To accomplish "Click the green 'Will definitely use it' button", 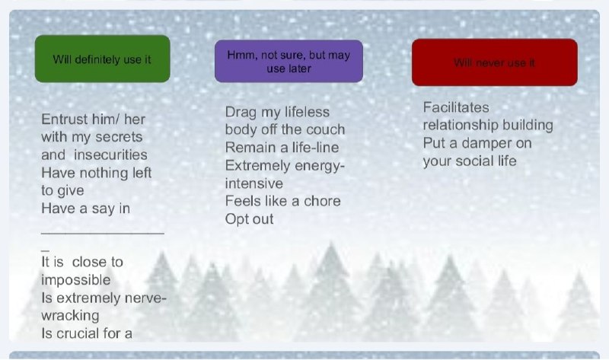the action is click(x=103, y=59).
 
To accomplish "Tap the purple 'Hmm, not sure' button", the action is click(x=289, y=62).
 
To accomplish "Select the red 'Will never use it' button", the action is click(x=494, y=62).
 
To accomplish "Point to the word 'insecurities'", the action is click(x=110, y=155).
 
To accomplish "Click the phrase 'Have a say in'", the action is click(x=85, y=209).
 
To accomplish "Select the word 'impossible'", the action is click(x=75, y=280).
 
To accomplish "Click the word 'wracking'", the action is click(x=70, y=316).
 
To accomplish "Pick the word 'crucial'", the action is click(x=81, y=333).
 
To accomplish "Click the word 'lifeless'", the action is click(x=308, y=112).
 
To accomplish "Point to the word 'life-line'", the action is click(x=315, y=148).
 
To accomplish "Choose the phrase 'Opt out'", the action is click(x=250, y=219).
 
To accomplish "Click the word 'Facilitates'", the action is click(x=456, y=107).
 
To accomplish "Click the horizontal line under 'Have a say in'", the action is click(x=103, y=234).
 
